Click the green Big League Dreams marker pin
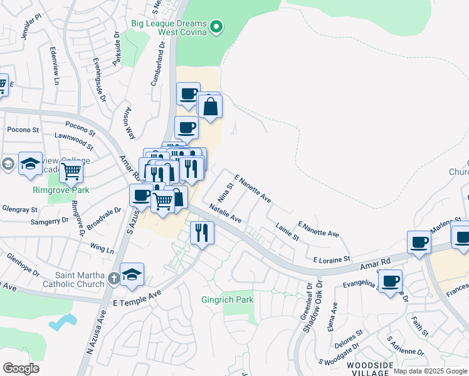point(217,26)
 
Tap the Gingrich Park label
point(227,300)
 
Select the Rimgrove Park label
point(61,190)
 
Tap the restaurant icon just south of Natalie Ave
point(201,233)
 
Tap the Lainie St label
point(287,231)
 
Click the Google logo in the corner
point(21,368)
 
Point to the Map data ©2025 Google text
point(430,371)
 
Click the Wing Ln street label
point(102,249)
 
